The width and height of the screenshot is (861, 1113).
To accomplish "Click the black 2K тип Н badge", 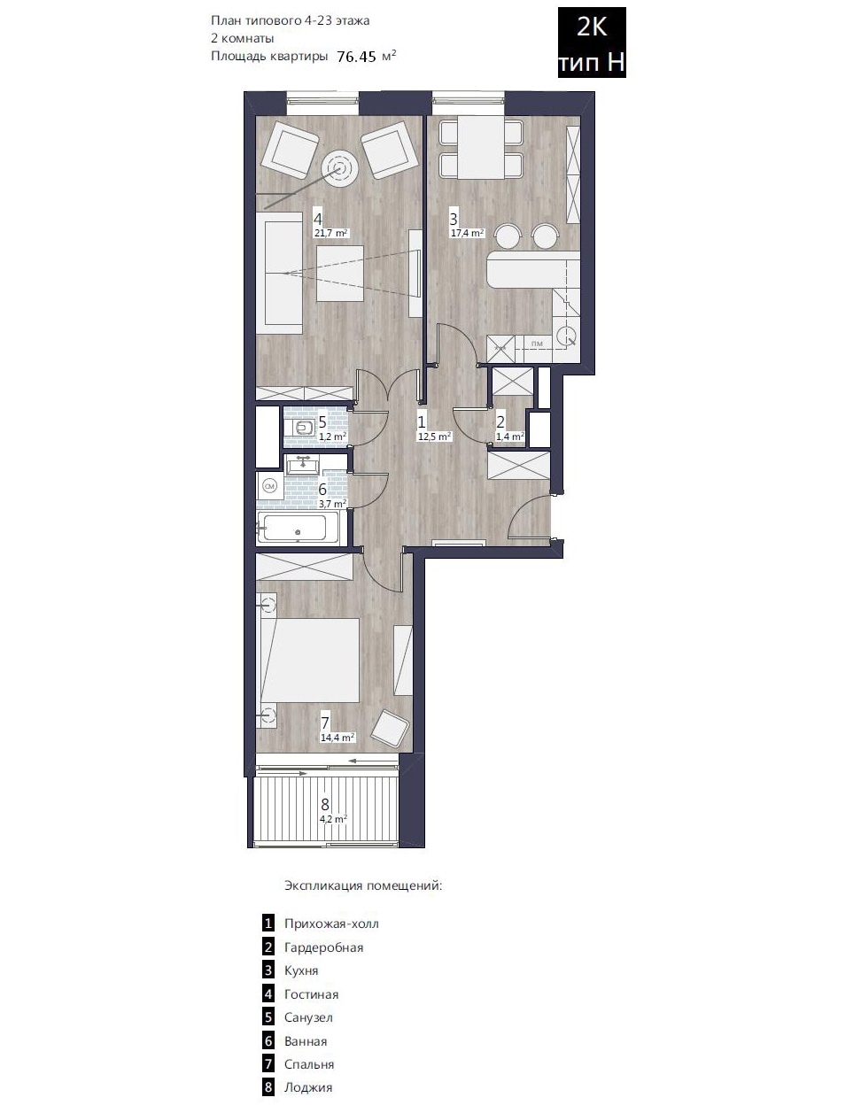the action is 592,42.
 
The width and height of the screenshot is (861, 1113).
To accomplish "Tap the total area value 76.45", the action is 356,57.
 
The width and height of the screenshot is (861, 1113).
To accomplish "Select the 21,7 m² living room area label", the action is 331,233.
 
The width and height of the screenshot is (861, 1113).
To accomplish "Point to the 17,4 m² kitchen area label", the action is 467,233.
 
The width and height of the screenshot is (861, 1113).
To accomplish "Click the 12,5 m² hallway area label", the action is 434,437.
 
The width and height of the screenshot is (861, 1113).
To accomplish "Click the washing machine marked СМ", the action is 270,484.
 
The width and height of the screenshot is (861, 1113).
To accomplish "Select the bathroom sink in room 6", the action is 303,465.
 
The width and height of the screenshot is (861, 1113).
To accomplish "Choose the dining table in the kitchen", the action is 481,148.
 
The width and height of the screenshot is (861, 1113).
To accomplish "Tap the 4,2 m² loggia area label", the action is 333,818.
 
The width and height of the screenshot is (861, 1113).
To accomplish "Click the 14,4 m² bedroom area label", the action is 337,738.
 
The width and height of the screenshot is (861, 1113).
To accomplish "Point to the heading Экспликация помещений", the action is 363,885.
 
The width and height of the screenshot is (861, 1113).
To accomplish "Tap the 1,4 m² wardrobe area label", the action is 510,437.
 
